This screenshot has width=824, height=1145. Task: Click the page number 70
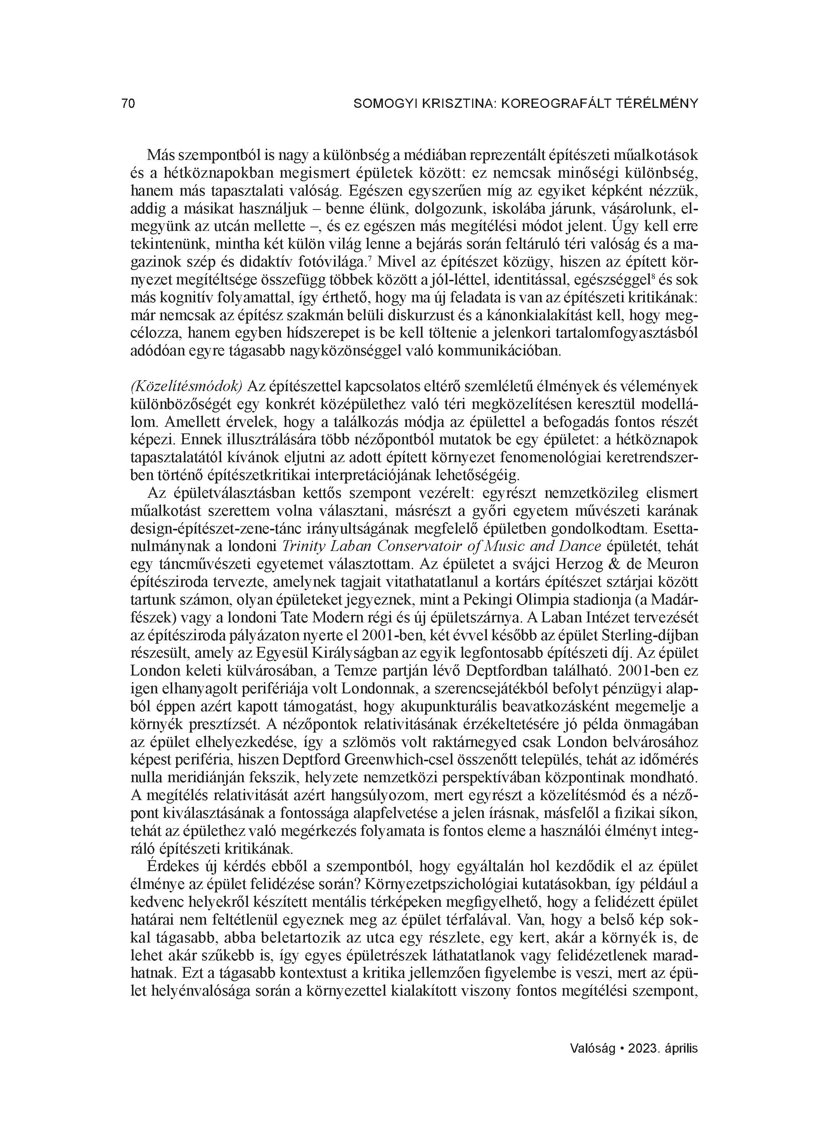click(x=128, y=104)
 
